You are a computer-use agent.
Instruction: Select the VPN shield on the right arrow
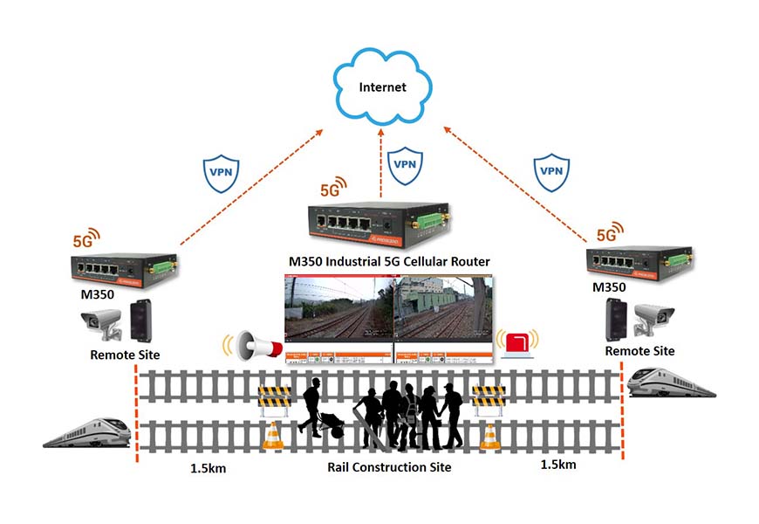[x=551, y=170]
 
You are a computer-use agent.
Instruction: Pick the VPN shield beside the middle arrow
[x=404, y=165]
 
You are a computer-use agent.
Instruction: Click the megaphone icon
[x=256, y=348]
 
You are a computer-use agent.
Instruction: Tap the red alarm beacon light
[x=519, y=342]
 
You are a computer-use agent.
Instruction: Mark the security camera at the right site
[x=652, y=319]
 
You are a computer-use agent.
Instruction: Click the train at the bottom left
[x=87, y=431]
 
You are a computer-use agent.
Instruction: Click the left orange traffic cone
[x=274, y=436]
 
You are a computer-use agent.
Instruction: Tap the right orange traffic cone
[x=489, y=436]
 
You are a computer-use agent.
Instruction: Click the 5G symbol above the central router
[x=333, y=187]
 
